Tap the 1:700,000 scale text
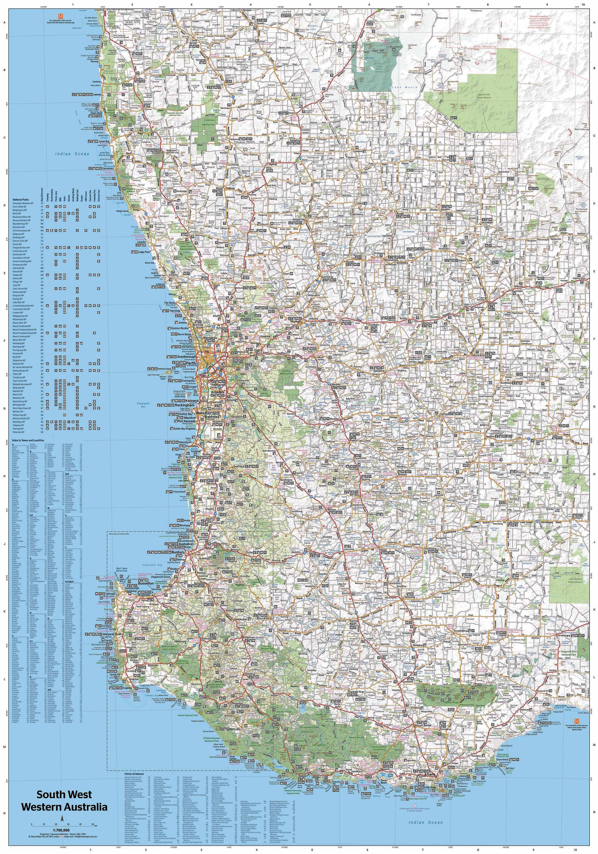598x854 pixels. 61,830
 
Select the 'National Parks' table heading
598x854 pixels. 21,200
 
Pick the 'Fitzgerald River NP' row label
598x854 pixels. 22,247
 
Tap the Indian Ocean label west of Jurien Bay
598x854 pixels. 72,154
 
